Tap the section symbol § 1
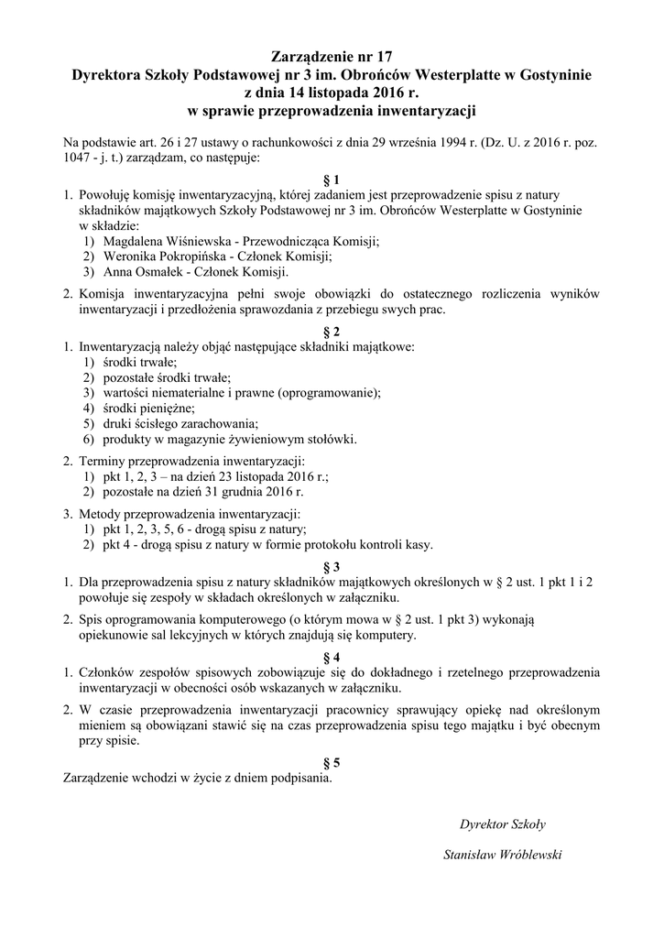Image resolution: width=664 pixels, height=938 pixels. pos(332,180)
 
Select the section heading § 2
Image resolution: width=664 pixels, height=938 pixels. pos(332,332)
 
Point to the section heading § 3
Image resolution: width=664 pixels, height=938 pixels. pos(332,565)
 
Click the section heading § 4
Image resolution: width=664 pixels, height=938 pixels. pos(332,657)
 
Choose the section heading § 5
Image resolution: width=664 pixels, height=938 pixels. pos(332,762)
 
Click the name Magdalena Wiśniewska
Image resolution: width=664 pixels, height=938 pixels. pos(160,241)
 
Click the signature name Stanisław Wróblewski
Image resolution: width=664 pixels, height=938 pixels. pos(502,855)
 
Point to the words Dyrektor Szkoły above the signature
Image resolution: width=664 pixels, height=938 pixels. pos(503,823)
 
